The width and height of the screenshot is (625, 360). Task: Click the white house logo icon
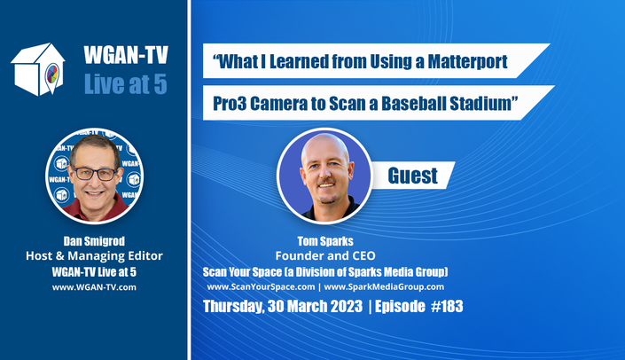pyautogui.click(x=38, y=69)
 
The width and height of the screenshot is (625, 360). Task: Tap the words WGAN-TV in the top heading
pyautogui.click(x=126, y=55)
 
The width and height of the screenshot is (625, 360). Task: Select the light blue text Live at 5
pyautogui.click(x=126, y=84)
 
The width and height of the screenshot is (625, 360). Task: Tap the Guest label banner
pyautogui.click(x=412, y=176)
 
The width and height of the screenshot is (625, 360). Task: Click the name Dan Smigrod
pyautogui.click(x=94, y=241)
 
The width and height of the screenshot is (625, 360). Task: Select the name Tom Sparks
pyautogui.click(x=325, y=241)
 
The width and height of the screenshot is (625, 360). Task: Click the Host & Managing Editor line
pyautogui.click(x=94, y=256)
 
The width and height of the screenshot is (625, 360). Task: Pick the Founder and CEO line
pyautogui.click(x=325, y=256)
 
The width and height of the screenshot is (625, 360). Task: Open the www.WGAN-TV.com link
pyautogui.click(x=94, y=287)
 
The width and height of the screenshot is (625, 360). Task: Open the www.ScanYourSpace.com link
pyautogui.click(x=261, y=286)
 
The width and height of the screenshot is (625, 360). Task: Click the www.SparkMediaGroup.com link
pyautogui.click(x=384, y=286)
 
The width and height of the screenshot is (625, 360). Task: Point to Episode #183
pyautogui.click(x=419, y=307)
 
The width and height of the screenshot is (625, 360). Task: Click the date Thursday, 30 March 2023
pyautogui.click(x=283, y=307)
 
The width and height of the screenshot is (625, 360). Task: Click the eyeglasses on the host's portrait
pyautogui.click(x=95, y=174)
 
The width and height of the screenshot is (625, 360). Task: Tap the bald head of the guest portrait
pyautogui.click(x=324, y=150)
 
